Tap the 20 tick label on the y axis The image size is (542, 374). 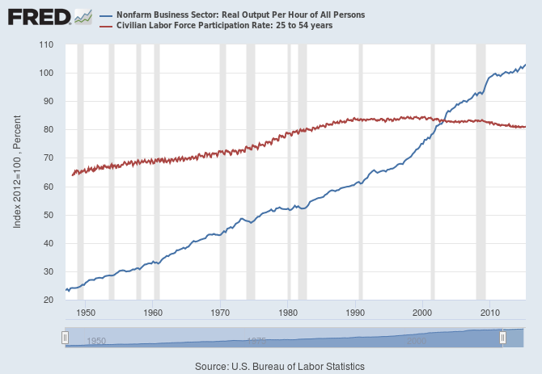pos(49,300)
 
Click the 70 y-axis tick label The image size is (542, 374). pos(49,158)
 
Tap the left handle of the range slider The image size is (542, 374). pos(65,337)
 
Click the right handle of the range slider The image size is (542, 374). pos(502,337)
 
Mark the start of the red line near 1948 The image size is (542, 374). pos(73,174)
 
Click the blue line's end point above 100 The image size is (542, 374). pos(525,65)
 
